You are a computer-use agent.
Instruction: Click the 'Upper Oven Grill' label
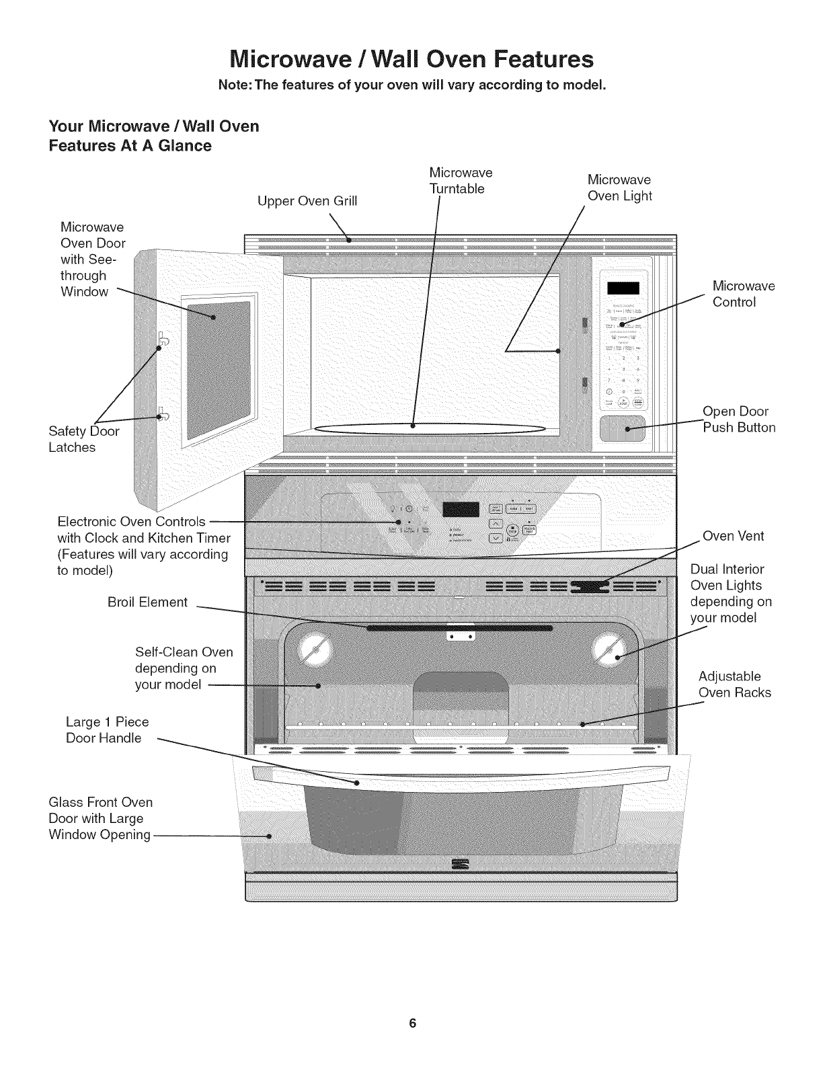pyautogui.click(x=307, y=201)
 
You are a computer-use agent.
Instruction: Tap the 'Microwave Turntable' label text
pyautogui.click(x=460, y=181)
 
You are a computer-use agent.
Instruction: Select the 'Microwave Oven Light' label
pyautogui.click(x=619, y=188)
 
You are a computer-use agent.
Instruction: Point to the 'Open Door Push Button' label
pyautogui.click(x=738, y=420)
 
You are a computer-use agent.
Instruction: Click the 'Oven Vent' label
pyautogui.click(x=733, y=536)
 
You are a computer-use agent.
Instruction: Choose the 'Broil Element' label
pyautogui.click(x=147, y=602)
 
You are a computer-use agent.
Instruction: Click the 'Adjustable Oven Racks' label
pyautogui.click(x=734, y=684)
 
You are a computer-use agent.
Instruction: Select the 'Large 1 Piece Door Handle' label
pyautogui.click(x=107, y=730)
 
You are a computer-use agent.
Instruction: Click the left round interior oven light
pyautogui.click(x=315, y=649)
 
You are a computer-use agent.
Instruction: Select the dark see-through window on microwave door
pyautogui.click(x=218, y=370)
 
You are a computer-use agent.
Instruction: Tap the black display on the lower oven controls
pyautogui.click(x=460, y=511)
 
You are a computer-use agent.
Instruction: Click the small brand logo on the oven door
pyautogui.click(x=461, y=864)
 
